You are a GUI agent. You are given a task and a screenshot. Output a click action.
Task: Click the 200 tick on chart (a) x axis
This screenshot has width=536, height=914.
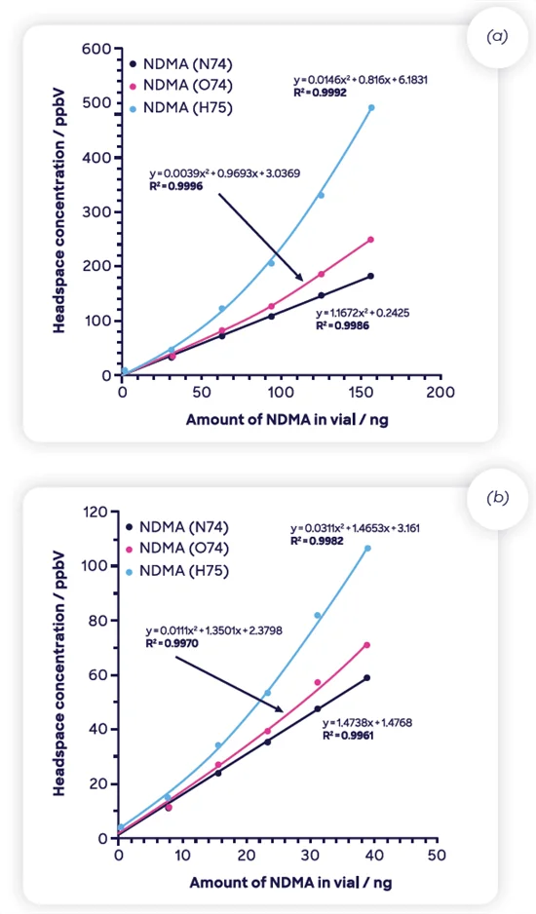click(440, 392)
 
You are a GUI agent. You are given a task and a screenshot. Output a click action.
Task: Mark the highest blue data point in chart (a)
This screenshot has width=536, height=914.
click(371, 108)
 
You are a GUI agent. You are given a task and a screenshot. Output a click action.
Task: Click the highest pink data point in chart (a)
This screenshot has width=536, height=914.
click(370, 240)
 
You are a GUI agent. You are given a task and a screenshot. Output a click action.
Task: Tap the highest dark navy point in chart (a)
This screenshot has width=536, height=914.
click(370, 276)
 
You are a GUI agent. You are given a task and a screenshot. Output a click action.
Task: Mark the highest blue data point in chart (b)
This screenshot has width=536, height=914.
click(367, 548)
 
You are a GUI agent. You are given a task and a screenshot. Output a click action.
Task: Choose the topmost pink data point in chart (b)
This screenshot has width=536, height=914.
click(366, 645)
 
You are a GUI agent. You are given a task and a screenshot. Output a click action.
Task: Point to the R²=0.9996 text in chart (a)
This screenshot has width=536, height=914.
click(176, 185)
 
